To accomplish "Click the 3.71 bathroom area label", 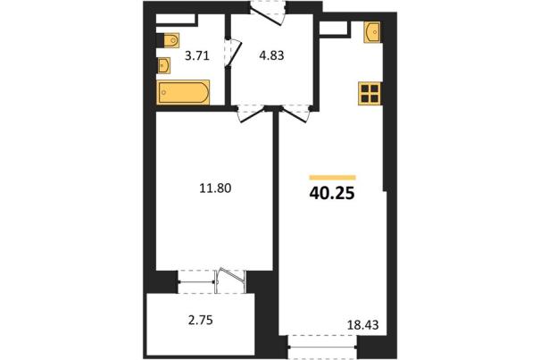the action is click(x=197, y=55).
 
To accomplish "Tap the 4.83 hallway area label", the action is click(x=271, y=55).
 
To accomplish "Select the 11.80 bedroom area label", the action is click(x=216, y=188).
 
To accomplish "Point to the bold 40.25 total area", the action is click(x=332, y=194).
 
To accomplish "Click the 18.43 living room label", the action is click(x=362, y=324).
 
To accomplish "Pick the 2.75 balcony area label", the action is click(x=201, y=320).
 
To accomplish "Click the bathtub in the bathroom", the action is click(x=184, y=92).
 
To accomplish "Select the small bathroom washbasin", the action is click(x=164, y=65).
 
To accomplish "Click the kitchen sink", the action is click(x=372, y=32).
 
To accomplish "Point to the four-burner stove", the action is click(x=370, y=94).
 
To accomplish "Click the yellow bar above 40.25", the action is click(x=332, y=178).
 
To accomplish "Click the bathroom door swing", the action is click(x=234, y=53).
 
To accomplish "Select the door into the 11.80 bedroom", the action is click(x=251, y=114).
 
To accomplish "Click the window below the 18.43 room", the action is click(x=322, y=346).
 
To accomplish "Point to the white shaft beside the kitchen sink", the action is click(x=333, y=28).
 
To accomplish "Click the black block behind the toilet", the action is click(x=160, y=40).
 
